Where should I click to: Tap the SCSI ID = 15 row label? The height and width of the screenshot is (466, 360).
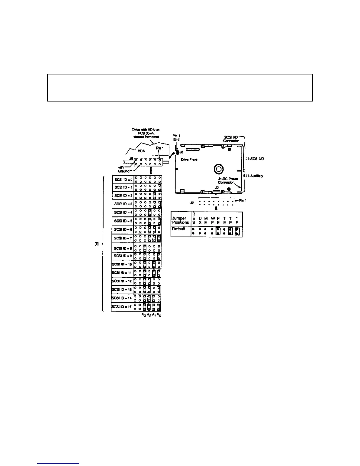point(122,307)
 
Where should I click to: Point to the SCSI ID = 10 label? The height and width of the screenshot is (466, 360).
point(122,264)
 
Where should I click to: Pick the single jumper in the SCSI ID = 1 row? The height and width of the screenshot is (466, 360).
point(159,187)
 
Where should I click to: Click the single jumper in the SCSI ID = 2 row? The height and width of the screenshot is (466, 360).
point(154,195)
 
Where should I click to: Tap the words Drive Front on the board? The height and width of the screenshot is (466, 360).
point(189,159)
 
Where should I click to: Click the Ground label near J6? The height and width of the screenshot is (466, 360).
point(124,171)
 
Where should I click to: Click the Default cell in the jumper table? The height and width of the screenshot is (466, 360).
point(179,229)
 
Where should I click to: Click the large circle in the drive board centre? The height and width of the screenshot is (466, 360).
point(219,169)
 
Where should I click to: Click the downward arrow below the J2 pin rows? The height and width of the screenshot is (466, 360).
point(216,208)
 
